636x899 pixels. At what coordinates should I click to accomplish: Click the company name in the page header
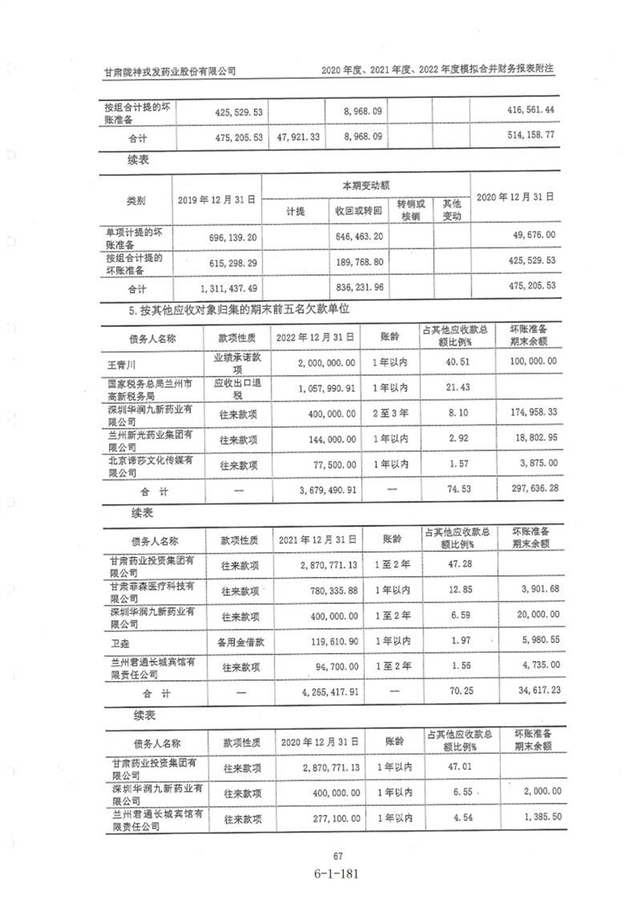(x=171, y=71)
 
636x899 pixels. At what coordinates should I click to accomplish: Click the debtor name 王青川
(x=122, y=363)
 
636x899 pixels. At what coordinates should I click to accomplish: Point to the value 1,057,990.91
(x=321, y=388)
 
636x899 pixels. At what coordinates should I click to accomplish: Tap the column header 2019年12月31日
(x=217, y=200)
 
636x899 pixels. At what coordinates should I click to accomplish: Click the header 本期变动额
(x=368, y=186)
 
